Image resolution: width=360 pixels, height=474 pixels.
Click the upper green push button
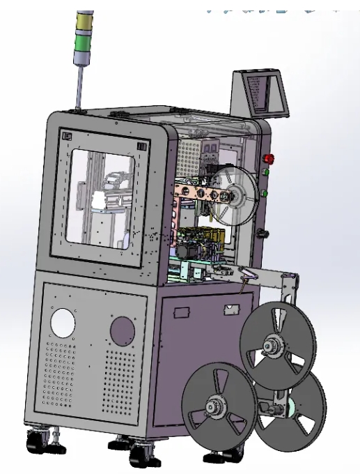click(x=265, y=171)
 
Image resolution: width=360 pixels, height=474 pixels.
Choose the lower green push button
click(x=265, y=193)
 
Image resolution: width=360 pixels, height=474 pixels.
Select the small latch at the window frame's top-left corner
click(x=67, y=137)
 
